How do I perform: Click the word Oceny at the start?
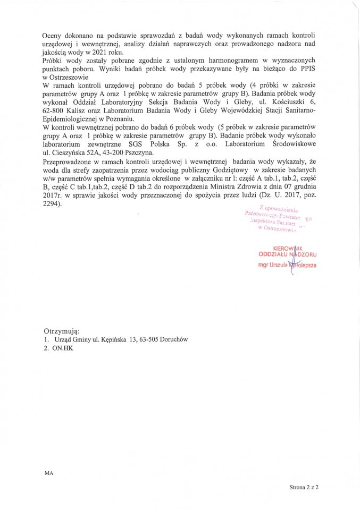(53, 27)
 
